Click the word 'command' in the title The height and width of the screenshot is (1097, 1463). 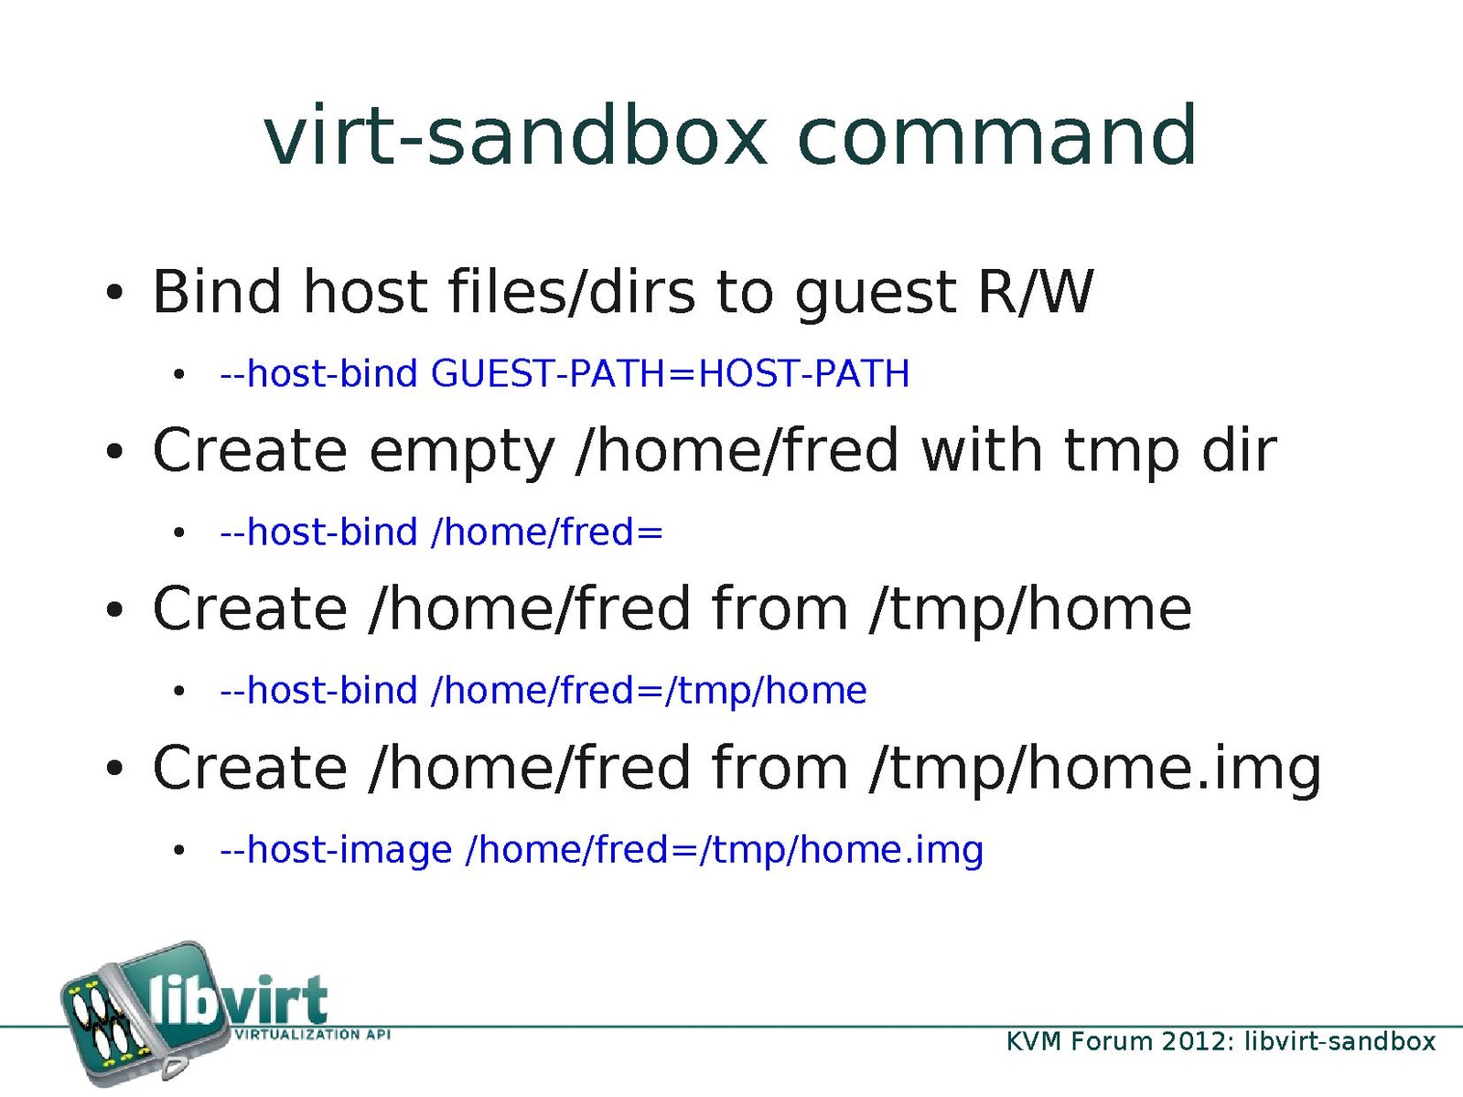click(997, 135)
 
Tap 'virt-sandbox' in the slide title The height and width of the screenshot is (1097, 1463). click(515, 135)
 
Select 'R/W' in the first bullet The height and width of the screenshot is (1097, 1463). click(1036, 292)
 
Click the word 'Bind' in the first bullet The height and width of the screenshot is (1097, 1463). click(217, 291)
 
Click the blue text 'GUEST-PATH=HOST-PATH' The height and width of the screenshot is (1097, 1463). click(671, 373)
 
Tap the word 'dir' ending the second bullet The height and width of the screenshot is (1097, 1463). click(1239, 449)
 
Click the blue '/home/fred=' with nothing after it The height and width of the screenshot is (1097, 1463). click(547, 532)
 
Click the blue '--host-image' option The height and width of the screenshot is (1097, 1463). click(336, 851)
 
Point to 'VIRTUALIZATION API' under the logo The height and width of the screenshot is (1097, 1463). click(311, 1035)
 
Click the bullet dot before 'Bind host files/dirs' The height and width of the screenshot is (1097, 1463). click(114, 293)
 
